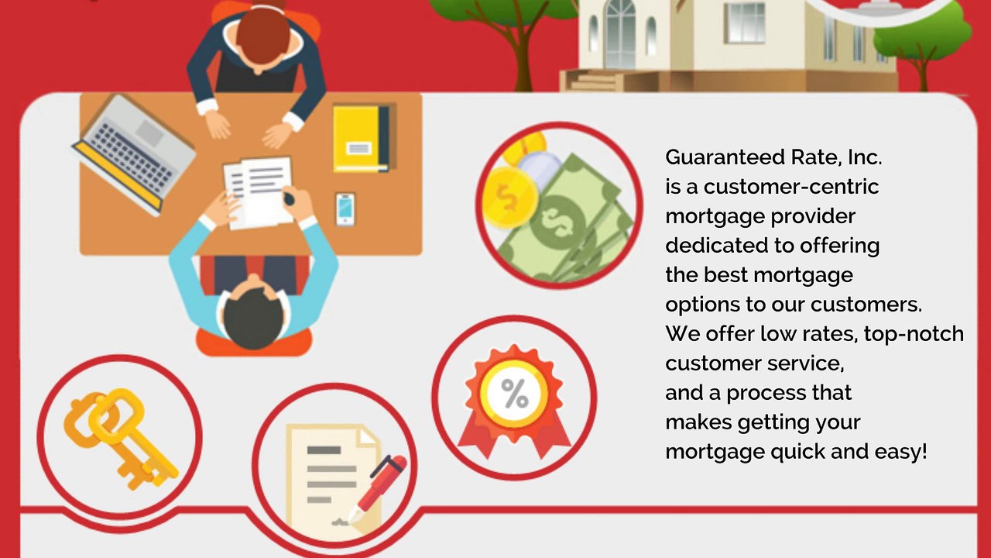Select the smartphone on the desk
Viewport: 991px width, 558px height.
pos(345,208)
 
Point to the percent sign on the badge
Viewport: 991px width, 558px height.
pos(515,394)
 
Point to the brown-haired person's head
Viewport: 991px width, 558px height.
pos(261,35)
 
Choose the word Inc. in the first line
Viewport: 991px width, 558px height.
pos(865,157)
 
